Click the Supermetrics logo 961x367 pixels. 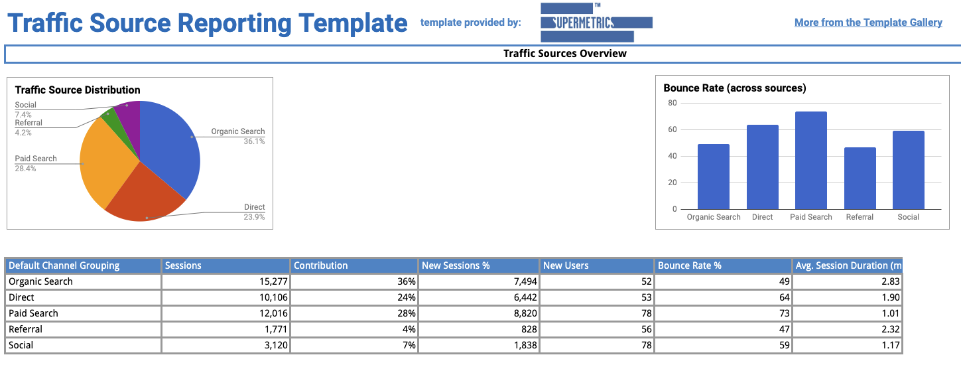(x=596, y=23)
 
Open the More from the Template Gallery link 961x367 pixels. (x=868, y=23)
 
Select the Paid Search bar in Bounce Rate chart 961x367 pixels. (x=810, y=161)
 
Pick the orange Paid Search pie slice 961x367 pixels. (x=106, y=166)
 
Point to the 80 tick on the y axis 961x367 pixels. (x=673, y=103)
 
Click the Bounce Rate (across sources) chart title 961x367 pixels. (x=734, y=88)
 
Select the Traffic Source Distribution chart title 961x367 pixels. (x=78, y=90)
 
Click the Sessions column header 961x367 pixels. (x=183, y=265)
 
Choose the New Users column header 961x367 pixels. (x=566, y=265)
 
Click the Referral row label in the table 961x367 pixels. (x=25, y=329)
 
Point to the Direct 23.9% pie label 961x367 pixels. (x=254, y=212)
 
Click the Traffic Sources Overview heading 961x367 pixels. (x=564, y=54)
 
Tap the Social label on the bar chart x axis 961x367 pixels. (x=908, y=217)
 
